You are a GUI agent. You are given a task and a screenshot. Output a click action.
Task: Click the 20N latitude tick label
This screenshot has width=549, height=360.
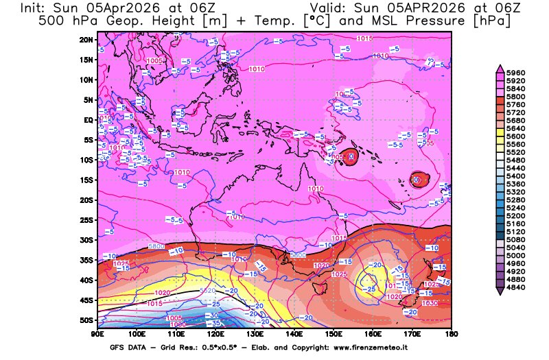86,40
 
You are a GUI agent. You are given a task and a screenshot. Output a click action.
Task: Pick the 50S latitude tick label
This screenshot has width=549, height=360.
86,320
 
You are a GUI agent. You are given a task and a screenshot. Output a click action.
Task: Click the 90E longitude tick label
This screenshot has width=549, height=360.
97,333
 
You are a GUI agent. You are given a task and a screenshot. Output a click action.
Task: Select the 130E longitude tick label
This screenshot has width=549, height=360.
255,333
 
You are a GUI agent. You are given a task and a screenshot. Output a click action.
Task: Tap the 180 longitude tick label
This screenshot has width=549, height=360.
451,333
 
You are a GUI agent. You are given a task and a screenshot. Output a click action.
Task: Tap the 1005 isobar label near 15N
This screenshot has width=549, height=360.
155,61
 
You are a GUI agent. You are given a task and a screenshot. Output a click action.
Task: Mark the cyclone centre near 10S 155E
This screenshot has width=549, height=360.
351,156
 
